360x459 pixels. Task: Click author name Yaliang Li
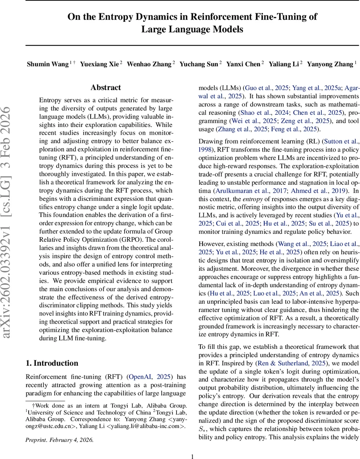(284, 64)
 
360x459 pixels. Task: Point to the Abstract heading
(105, 88)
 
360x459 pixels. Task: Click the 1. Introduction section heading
(52, 363)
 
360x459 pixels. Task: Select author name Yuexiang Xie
(99, 64)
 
